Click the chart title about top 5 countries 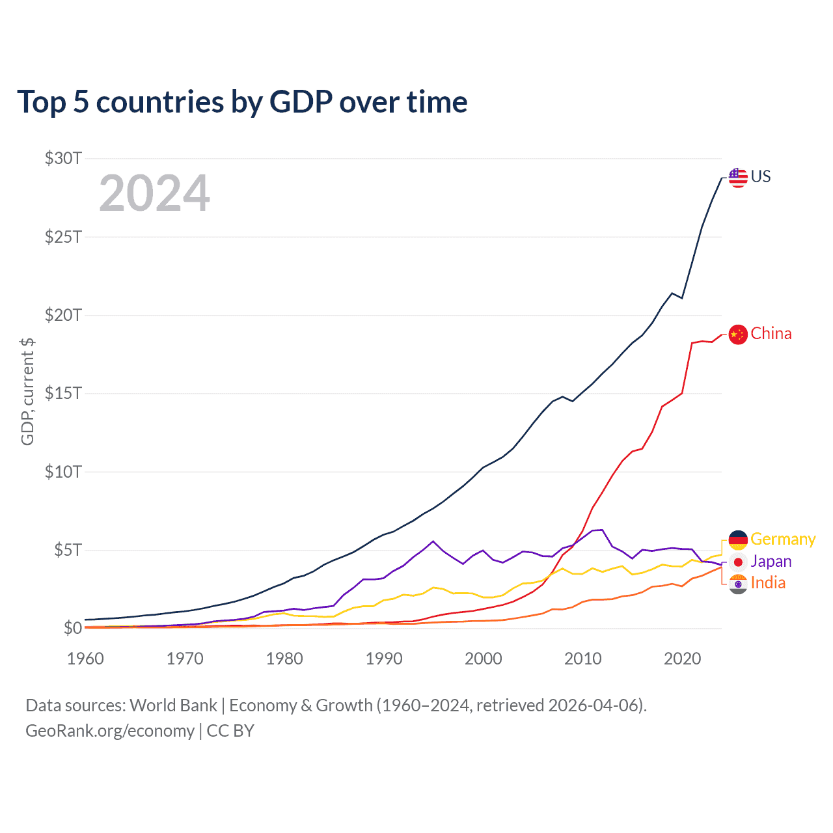point(242,102)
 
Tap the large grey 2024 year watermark point(154,193)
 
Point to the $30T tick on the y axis point(63,158)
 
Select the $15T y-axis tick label point(63,393)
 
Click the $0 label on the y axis point(72,628)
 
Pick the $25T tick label point(63,236)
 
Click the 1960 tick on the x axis point(85,659)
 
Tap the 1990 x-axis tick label point(384,659)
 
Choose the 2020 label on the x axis point(682,659)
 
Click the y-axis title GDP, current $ point(27,392)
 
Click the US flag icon point(737,177)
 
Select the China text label point(771,333)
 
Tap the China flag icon point(737,335)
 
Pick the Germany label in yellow point(783,539)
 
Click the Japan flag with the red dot point(737,562)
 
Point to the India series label point(768,582)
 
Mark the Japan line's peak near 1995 point(433,541)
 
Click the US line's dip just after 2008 point(572,401)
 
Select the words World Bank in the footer point(173,705)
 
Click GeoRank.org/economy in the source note point(110,731)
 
